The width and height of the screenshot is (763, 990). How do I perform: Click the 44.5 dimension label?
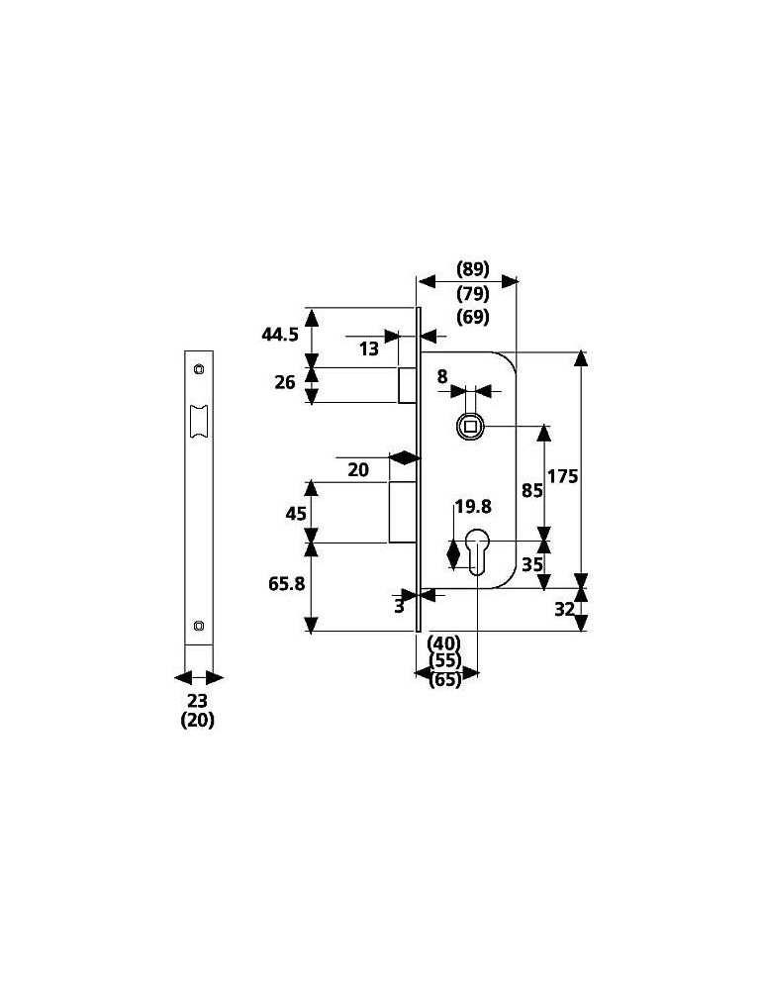(x=280, y=334)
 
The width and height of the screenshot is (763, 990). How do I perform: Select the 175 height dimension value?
(x=562, y=476)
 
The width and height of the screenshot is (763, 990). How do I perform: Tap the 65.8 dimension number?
(x=287, y=583)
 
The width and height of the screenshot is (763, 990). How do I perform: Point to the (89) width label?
(x=473, y=269)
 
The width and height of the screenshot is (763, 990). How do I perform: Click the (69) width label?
(x=473, y=317)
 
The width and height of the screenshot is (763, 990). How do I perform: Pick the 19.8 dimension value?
(x=473, y=506)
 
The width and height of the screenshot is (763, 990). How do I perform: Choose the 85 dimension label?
(x=532, y=490)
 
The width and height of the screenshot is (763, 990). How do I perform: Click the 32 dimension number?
(x=564, y=609)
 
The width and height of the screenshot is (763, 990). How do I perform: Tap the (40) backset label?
(x=444, y=643)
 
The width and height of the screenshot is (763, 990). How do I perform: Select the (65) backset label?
(x=444, y=680)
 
